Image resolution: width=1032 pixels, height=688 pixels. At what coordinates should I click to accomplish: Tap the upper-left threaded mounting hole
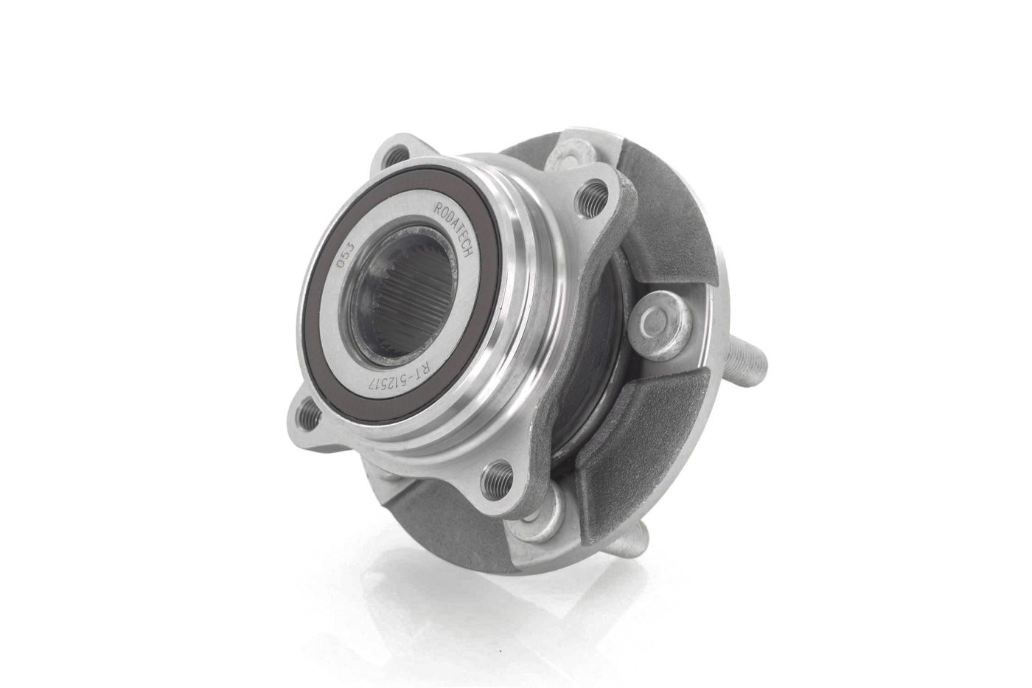coord(391,158)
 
